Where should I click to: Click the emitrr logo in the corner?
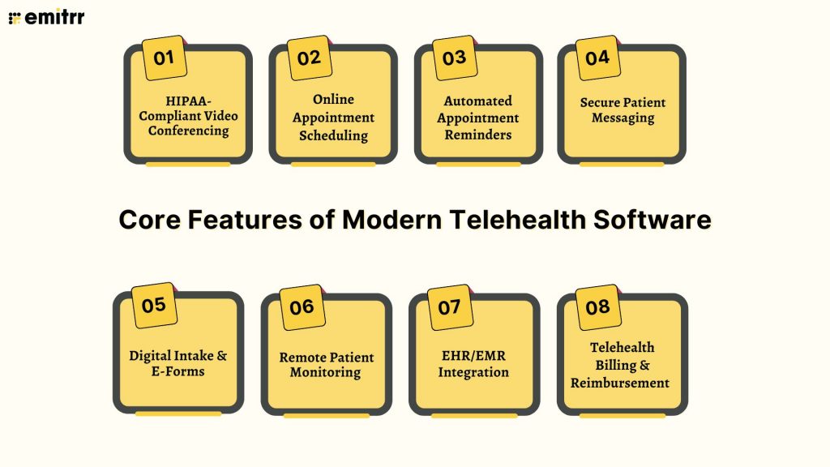[x=47, y=17]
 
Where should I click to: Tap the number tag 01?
[x=164, y=58]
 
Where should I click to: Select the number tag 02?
[x=309, y=58]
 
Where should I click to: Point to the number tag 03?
[x=454, y=58]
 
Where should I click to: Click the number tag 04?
[x=597, y=58]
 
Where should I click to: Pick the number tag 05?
[x=154, y=306]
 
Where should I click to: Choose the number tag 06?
[x=302, y=307]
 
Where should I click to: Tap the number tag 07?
[x=449, y=307]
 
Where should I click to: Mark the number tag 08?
[x=597, y=307]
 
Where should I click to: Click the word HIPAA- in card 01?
[x=188, y=101]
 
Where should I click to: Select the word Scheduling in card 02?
[x=333, y=135]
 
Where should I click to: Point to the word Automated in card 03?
[x=477, y=101]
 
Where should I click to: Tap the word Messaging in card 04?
[x=622, y=118]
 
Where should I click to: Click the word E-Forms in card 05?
[x=178, y=371]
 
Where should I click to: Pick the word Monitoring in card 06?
[x=326, y=372]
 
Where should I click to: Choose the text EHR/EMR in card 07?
[x=473, y=357]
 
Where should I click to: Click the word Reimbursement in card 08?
[x=620, y=382]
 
